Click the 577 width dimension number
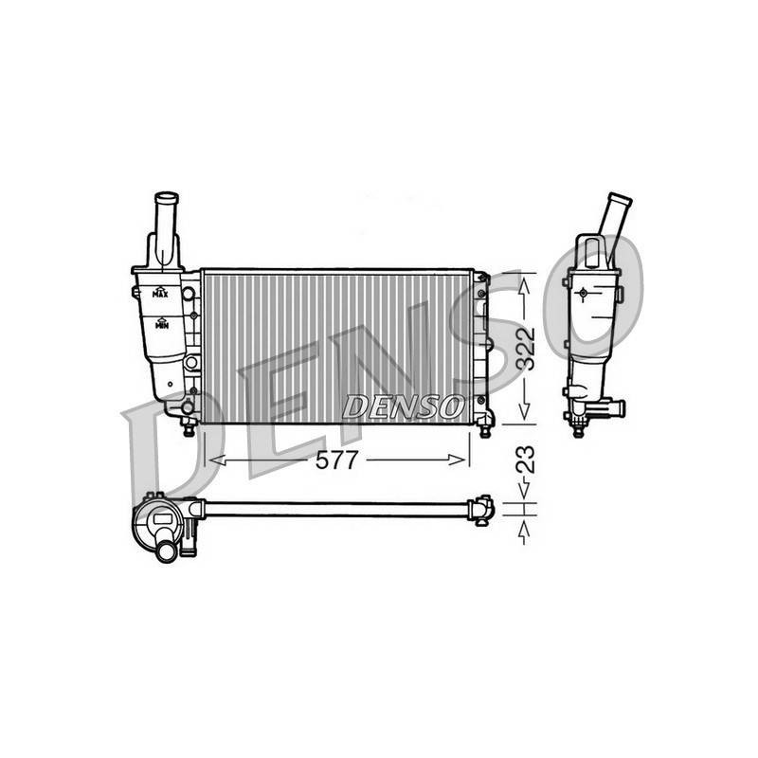tap(336, 460)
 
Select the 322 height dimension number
tap(526, 349)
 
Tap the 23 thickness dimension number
tap(526, 459)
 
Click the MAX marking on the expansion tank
tap(160, 293)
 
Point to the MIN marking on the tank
tap(162, 323)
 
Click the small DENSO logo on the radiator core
tap(401, 406)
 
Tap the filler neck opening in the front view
tap(167, 198)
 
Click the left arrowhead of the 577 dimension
tap(217, 460)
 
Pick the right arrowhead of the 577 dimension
tap(457, 460)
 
